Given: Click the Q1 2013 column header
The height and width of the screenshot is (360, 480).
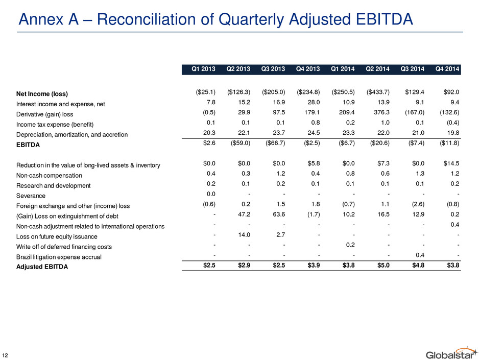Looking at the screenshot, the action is click(203, 69).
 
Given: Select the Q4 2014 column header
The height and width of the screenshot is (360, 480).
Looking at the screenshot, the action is click(447, 69).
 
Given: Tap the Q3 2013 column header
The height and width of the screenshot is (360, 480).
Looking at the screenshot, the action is click(273, 69).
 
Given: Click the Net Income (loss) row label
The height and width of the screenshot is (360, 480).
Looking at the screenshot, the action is click(42, 94).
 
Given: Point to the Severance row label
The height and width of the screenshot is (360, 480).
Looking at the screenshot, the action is click(31, 196).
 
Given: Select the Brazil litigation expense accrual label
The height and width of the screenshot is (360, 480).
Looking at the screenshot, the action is click(59, 257).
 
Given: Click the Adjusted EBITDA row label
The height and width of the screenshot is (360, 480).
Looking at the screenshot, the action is click(42, 267).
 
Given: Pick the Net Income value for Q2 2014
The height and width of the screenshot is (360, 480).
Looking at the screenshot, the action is click(378, 92).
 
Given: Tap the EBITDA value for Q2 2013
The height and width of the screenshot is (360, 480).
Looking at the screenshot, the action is click(241, 143).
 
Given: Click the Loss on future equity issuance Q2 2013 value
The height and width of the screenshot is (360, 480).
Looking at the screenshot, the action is click(244, 235).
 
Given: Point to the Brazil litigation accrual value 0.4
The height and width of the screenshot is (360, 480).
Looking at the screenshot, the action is click(420, 255).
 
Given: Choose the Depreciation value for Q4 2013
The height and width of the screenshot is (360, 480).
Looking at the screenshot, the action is click(314, 133).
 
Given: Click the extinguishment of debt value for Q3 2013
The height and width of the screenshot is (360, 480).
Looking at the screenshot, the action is click(279, 214).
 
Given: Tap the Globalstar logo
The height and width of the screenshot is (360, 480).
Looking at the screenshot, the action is click(452, 353).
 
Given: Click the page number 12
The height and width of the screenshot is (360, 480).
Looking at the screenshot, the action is click(5, 355).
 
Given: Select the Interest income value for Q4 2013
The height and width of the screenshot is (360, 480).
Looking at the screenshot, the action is click(314, 102).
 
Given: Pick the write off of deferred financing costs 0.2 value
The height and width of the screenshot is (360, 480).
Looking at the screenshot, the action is click(350, 245).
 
